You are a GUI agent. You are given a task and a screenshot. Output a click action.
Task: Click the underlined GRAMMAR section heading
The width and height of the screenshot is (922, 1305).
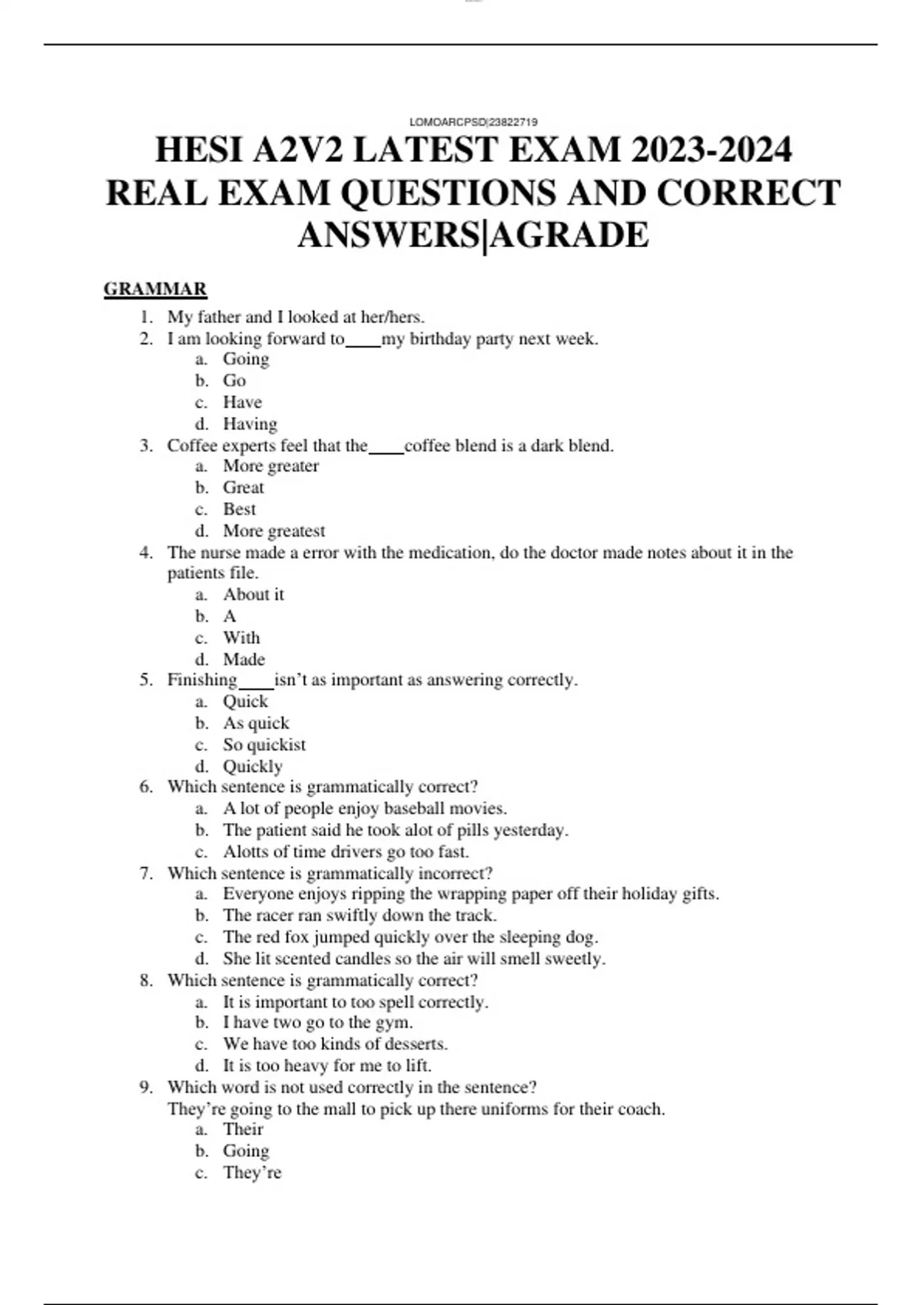pyautogui.click(x=155, y=289)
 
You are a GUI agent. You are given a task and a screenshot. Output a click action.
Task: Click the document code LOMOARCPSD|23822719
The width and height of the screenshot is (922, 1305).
pyautogui.click(x=473, y=122)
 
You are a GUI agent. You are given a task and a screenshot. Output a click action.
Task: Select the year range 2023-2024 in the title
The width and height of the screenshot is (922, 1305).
pyautogui.click(x=711, y=150)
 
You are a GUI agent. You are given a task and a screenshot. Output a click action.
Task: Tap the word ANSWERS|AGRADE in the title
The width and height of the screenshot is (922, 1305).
pyautogui.click(x=473, y=235)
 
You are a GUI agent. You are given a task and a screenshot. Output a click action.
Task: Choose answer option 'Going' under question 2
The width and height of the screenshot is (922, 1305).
pyautogui.click(x=246, y=359)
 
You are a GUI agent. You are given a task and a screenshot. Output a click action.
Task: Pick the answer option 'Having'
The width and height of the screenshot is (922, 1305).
pyautogui.click(x=250, y=424)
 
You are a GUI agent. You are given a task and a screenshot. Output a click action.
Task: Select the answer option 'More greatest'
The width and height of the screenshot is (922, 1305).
pyautogui.click(x=274, y=531)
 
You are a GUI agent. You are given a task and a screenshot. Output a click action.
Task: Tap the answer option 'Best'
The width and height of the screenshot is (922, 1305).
pyautogui.click(x=239, y=510)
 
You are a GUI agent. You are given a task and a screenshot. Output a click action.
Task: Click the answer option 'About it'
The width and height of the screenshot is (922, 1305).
pyautogui.click(x=253, y=595)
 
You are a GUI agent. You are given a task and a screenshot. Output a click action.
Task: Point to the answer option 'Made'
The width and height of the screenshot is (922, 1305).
pyautogui.click(x=244, y=659)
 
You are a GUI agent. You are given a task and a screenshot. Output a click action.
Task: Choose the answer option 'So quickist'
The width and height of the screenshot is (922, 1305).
pyautogui.click(x=264, y=745)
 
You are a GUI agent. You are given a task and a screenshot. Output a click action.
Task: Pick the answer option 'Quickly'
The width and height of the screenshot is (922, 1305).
pyautogui.click(x=252, y=766)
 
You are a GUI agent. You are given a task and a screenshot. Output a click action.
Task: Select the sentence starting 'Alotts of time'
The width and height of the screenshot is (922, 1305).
pyautogui.click(x=346, y=851)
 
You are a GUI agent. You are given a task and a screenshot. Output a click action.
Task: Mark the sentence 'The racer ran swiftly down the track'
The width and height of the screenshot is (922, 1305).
pyautogui.click(x=360, y=915)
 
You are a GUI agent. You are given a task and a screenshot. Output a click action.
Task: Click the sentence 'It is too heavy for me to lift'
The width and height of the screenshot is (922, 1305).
pyautogui.click(x=327, y=1065)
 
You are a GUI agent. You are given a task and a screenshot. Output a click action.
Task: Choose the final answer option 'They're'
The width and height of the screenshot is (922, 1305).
pyautogui.click(x=252, y=1173)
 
